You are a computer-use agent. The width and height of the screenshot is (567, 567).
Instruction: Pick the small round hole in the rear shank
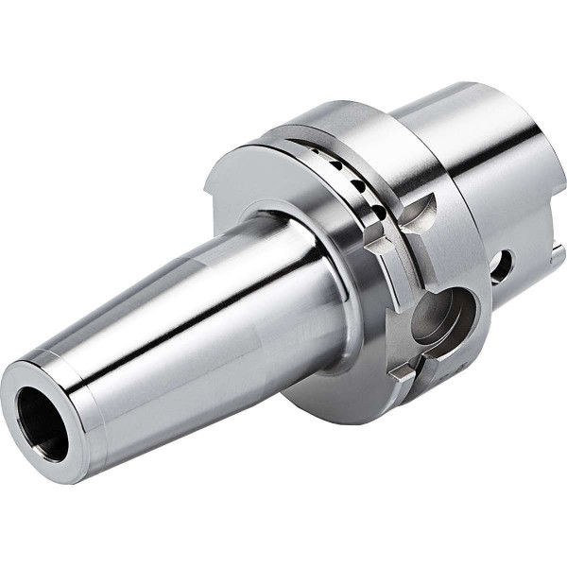(502, 267)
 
